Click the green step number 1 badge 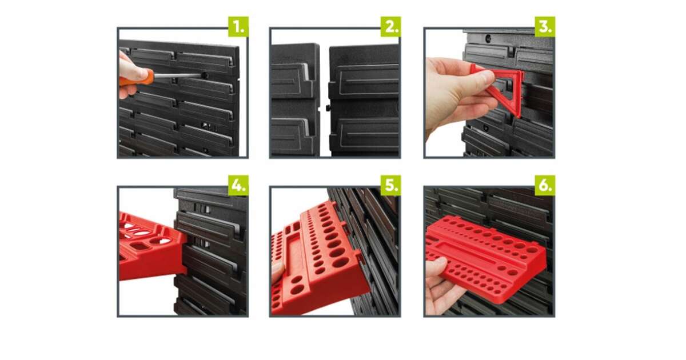[x=238, y=27]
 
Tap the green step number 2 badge [x=390, y=27]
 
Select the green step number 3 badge [x=545, y=27]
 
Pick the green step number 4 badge [x=238, y=185]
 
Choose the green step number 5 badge [x=390, y=185]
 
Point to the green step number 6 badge [x=545, y=185]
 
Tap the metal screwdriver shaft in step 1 [x=177, y=75]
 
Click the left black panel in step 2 [x=294, y=99]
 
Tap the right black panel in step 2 [x=365, y=101]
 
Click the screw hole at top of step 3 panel [x=488, y=38]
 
